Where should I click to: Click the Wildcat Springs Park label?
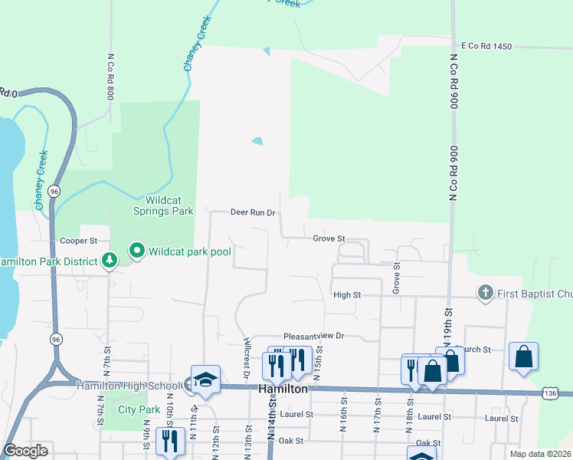pos(163,205)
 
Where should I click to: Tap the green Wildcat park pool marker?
pos(137,250)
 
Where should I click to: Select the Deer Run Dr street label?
pos(253,212)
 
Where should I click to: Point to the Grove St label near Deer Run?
pos(330,238)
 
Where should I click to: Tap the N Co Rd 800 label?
pos(111,77)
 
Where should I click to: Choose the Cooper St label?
pos(80,240)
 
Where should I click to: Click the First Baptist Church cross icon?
pos(483,292)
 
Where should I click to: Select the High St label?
pos(346,294)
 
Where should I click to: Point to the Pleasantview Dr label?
pos(315,336)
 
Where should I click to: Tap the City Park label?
pos(139,409)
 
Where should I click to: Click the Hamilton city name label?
pos(283,389)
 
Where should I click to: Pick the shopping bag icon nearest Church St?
pos(450,360)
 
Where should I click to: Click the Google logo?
pos(26,451)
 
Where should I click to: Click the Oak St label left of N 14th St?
pos(291,441)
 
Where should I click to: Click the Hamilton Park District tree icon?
pos(110,261)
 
